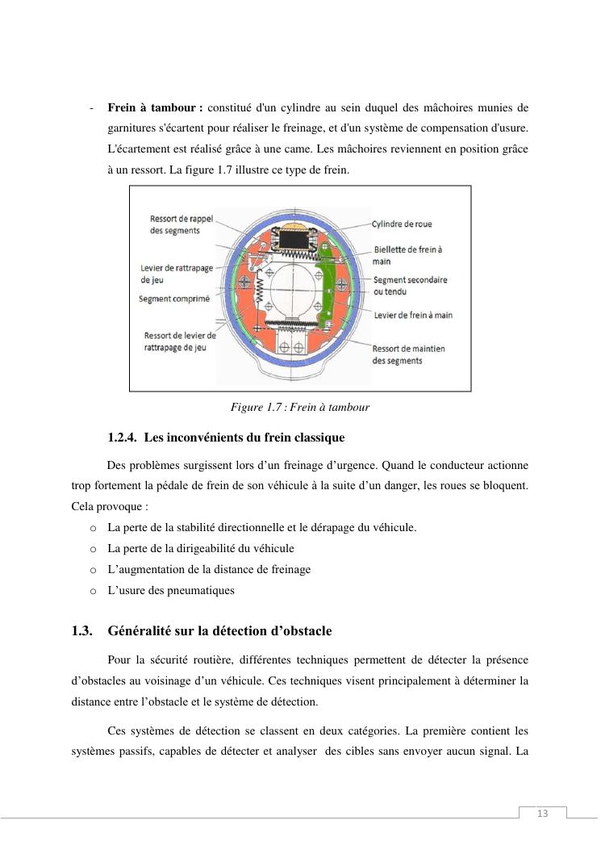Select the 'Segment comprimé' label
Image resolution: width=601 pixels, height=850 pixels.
pyautogui.click(x=174, y=299)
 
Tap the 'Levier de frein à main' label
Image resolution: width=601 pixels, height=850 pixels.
pyautogui.click(x=413, y=316)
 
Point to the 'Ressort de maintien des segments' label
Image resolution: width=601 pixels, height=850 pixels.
pyautogui.click(x=408, y=354)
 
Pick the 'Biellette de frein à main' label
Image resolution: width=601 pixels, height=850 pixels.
pyautogui.click(x=407, y=255)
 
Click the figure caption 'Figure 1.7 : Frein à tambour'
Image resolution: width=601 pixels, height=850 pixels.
pyautogui.click(x=300, y=408)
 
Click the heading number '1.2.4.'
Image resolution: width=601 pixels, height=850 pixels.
pyautogui.click(x=122, y=438)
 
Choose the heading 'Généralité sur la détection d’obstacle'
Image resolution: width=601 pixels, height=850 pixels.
pyautogui.click(x=219, y=630)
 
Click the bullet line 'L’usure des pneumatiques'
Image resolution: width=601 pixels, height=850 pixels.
pyautogui.click(x=171, y=590)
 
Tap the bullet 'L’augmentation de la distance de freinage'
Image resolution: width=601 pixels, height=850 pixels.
pyautogui.click(x=209, y=569)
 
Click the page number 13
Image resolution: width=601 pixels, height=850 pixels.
pyautogui.click(x=542, y=813)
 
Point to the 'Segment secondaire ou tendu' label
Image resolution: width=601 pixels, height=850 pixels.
pyautogui.click(x=410, y=285)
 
